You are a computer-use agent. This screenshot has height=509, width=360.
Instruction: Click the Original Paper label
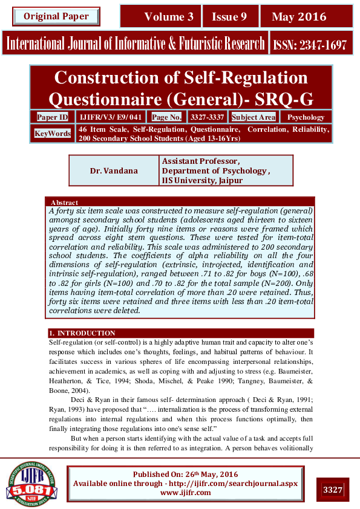tap(56, 16)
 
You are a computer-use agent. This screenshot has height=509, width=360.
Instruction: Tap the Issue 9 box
tap(229, 17)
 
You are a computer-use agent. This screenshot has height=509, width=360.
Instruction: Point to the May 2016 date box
tap(298, 17)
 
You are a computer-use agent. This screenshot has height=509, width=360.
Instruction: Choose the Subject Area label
tap(254, 117)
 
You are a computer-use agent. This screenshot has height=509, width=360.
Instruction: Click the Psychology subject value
tap(306, 117)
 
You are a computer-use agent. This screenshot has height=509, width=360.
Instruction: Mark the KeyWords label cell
tap(53, 134)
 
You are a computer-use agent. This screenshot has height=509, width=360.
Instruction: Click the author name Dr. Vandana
tap(114, 170)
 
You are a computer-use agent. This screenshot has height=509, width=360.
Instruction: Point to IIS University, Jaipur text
tap(202, 180)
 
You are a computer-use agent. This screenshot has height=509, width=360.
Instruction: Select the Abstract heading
tap(64, 202)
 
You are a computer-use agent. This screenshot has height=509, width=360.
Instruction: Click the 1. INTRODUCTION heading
tap(82, 333)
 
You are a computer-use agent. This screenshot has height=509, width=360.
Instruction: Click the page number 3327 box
tap(332, 489)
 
